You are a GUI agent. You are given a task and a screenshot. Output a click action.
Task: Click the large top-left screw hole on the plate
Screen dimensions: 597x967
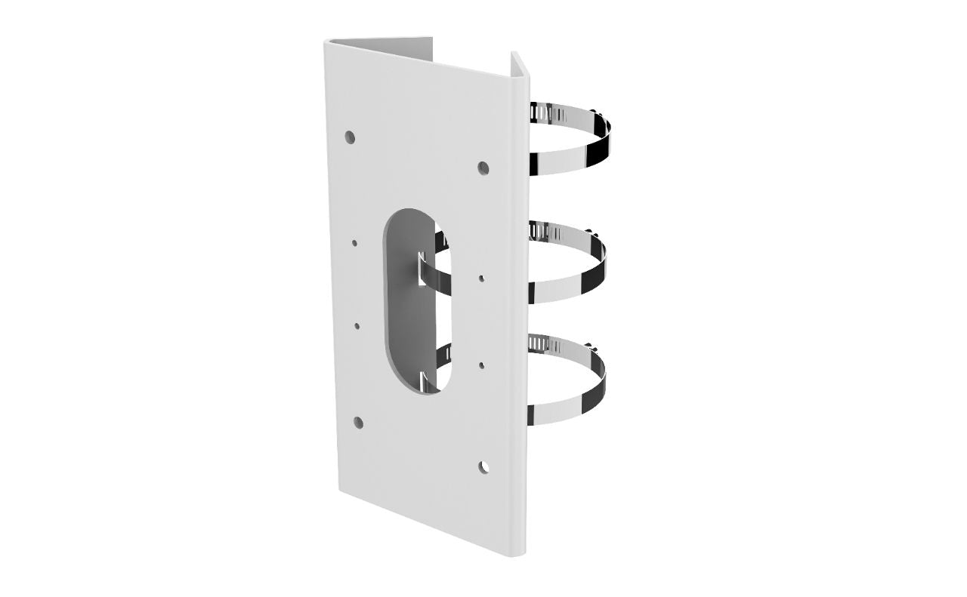pyautogui.click(x=350, y=137)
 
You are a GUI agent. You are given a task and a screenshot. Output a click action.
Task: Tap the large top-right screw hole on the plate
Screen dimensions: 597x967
pyautogui.click(x=483, y=167)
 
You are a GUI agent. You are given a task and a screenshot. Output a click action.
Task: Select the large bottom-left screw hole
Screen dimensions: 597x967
pyautogui.click(x=358, y=423)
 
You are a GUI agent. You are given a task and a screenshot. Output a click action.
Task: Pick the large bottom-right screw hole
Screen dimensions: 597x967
pyautogui.click(x=483, y=466)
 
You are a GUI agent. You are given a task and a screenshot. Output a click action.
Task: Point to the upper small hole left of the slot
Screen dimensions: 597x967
pyautogui.click(x=354, y=243)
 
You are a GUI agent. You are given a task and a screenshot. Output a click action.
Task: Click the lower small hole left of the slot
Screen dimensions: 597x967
pyautogui.click(x=357, y=327)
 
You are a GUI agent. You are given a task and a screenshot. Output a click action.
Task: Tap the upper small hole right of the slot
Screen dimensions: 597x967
pyautogui.click(x=482, y=278)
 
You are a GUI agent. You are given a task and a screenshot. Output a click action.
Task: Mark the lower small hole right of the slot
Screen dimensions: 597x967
pyautogui.click(x=482, y=365)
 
